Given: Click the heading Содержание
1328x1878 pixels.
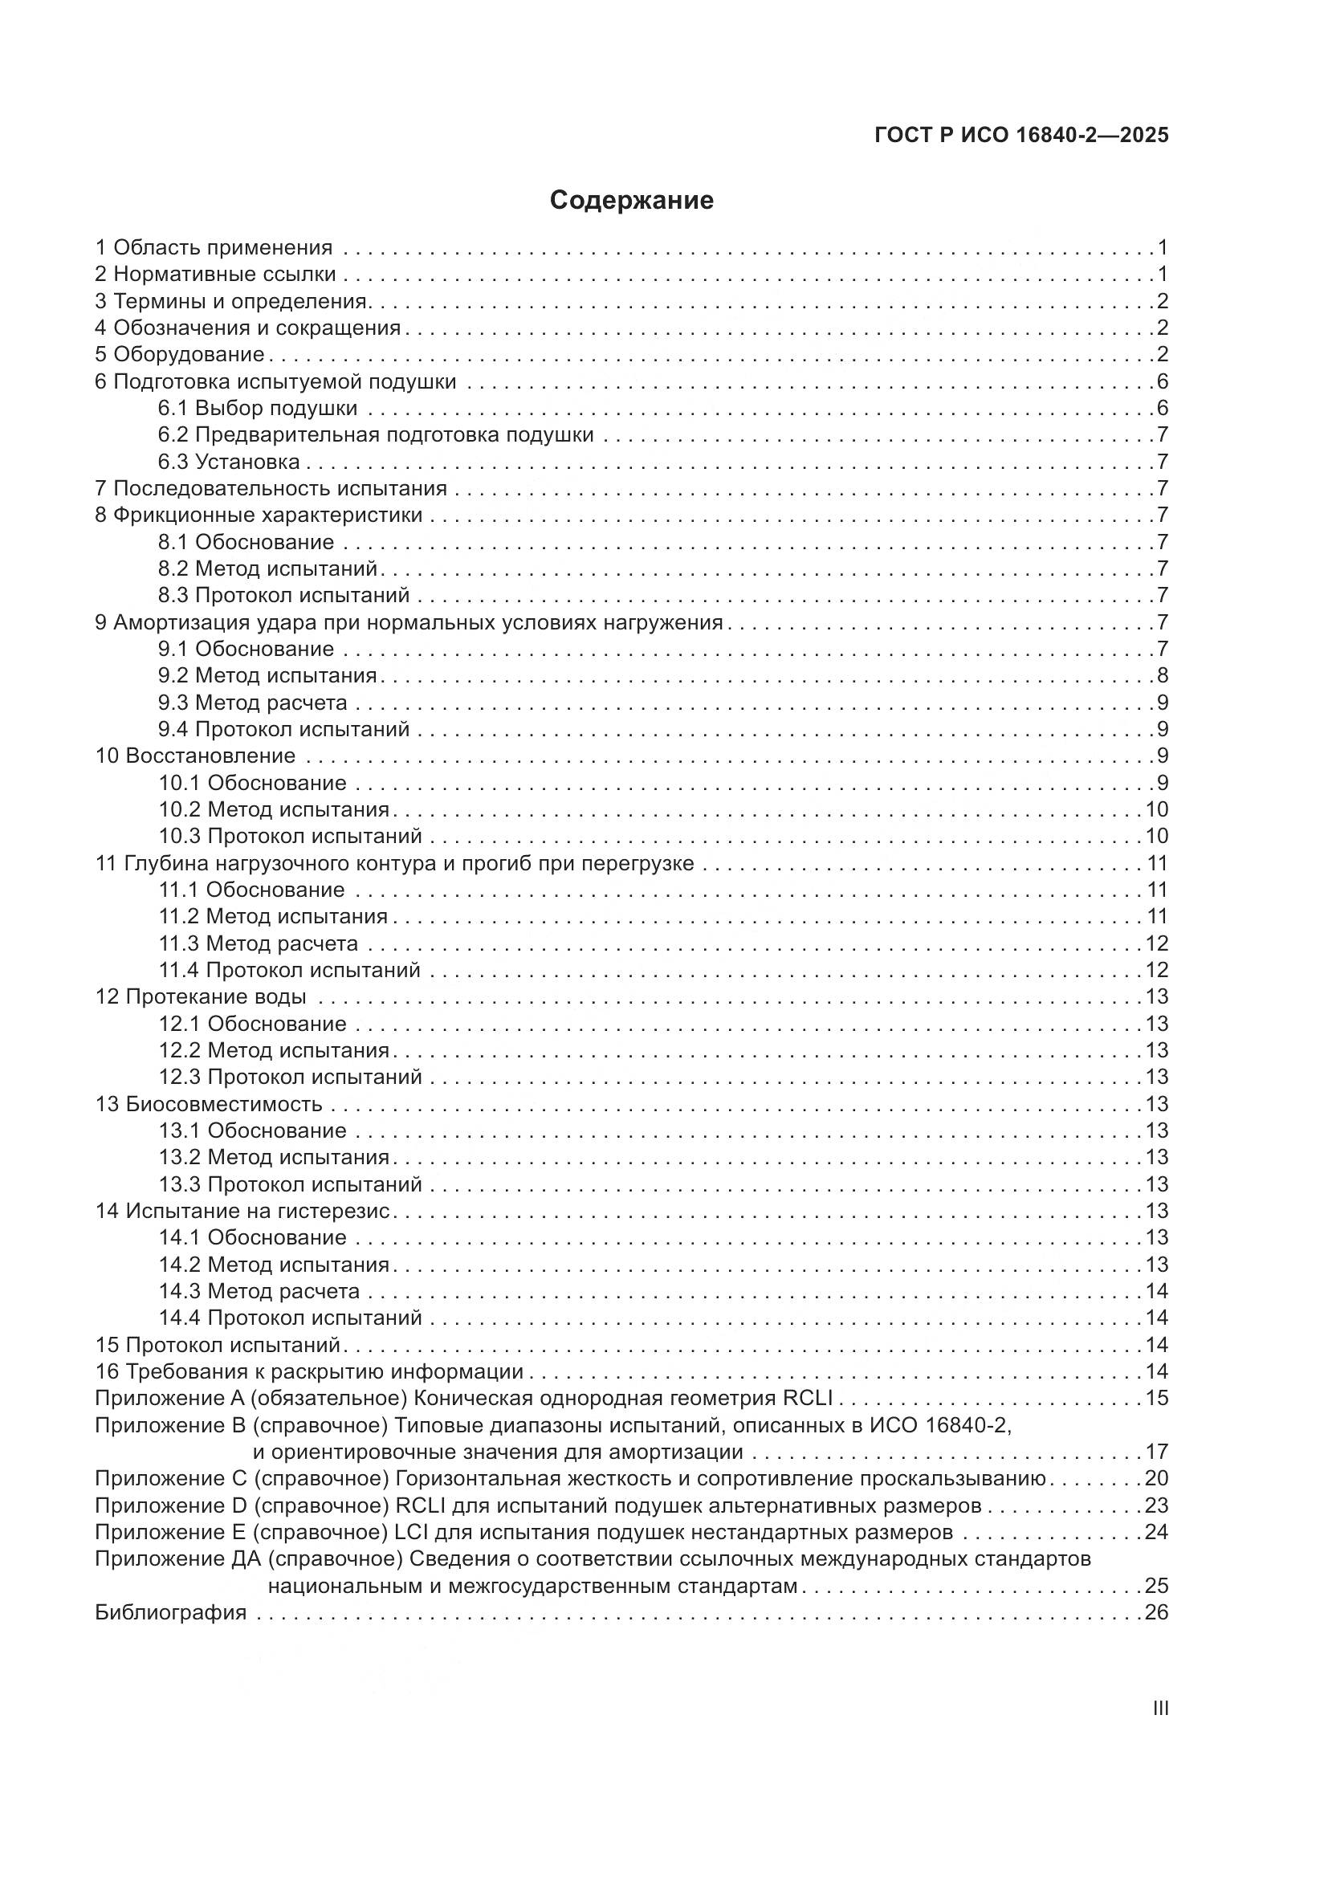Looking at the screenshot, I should [631, 201].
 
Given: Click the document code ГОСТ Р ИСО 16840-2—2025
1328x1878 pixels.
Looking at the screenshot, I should [1021, 135].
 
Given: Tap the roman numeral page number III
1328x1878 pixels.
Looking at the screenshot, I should [1159, 1709].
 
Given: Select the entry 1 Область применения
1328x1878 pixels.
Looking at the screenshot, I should [214, 247].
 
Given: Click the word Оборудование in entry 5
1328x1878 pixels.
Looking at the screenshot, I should [189, 354].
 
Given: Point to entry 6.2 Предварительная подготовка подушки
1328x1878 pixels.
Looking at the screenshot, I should [375, 434].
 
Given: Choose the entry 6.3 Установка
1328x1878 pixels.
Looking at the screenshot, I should [229, 462].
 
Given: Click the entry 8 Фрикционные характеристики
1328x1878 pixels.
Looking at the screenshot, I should [259, 515].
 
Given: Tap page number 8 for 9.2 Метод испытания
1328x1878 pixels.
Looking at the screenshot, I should [1162, 675].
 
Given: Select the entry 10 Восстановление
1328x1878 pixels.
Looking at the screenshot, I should [195, 756].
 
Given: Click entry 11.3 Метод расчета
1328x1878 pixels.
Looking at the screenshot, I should [259, 943].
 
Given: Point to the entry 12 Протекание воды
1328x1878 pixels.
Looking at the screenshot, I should [202, 996].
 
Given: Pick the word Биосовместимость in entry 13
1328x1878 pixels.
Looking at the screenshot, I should [224, 1104].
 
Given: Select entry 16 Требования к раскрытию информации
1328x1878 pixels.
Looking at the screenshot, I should [309, 1371].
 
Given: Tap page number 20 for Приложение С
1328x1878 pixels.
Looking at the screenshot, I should [1156, 1478].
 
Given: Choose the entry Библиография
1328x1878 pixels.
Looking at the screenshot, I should [171, 1612].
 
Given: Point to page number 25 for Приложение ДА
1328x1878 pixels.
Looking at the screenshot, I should [1156, 1585].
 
